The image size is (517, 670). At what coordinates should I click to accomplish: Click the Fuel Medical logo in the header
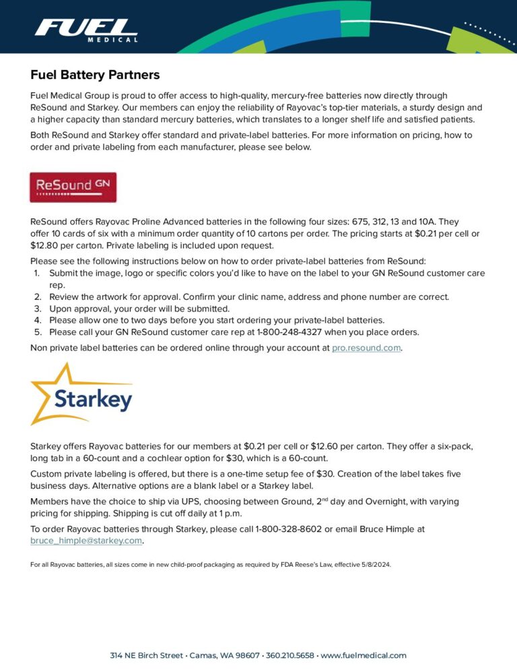86,30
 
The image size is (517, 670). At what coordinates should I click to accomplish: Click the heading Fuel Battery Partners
95,74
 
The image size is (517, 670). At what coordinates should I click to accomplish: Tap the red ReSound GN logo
73,187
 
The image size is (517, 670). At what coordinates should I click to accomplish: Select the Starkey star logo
81,394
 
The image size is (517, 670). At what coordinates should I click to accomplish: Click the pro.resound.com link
366,348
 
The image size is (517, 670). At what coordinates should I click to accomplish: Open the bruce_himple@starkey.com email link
86,541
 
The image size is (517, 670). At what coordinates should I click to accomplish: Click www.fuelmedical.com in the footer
364,655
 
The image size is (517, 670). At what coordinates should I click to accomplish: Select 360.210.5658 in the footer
289,655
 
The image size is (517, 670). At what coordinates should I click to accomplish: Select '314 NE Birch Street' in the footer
147,655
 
